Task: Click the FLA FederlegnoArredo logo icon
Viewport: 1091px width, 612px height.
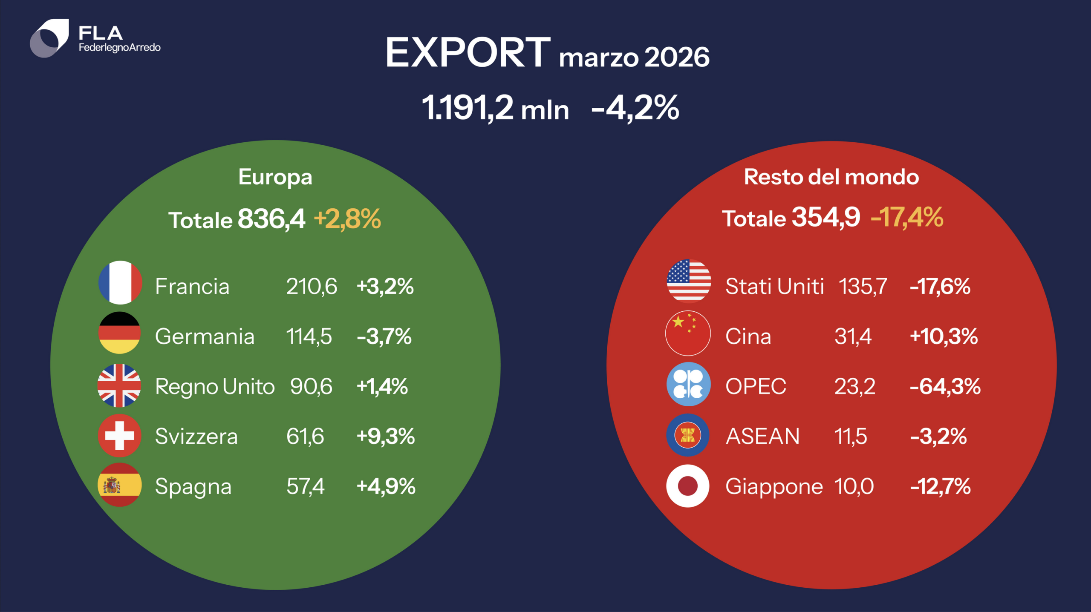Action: pos(49,38)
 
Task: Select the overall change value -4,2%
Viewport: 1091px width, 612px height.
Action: pos(635,108)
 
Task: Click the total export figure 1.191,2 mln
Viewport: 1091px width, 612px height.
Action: pos(495,108)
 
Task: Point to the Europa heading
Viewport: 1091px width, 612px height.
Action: pos(275,177)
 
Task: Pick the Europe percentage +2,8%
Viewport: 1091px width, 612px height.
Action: pos(347,219)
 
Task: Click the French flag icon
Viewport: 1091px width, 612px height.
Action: pos(120,282)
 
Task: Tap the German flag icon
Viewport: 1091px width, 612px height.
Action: pos(120,333)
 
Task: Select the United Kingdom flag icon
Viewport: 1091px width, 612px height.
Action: pos(119,385)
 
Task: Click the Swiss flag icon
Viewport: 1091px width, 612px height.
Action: pos(119,435)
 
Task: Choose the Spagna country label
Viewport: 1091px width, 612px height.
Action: pos(193,487)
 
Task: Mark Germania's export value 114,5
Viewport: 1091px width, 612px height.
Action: pos(309,336)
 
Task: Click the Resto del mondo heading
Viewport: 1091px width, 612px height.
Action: pos(831,177)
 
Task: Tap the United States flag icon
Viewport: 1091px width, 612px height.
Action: pos(689,281)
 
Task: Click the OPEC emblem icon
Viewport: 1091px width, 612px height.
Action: pos(688,384)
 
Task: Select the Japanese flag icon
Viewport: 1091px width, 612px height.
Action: pos(688,486)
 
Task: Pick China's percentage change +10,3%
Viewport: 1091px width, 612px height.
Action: pos(944,336)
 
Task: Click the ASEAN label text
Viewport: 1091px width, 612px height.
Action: pos(762,436)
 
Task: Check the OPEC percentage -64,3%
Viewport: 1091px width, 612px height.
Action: pos(945,387)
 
